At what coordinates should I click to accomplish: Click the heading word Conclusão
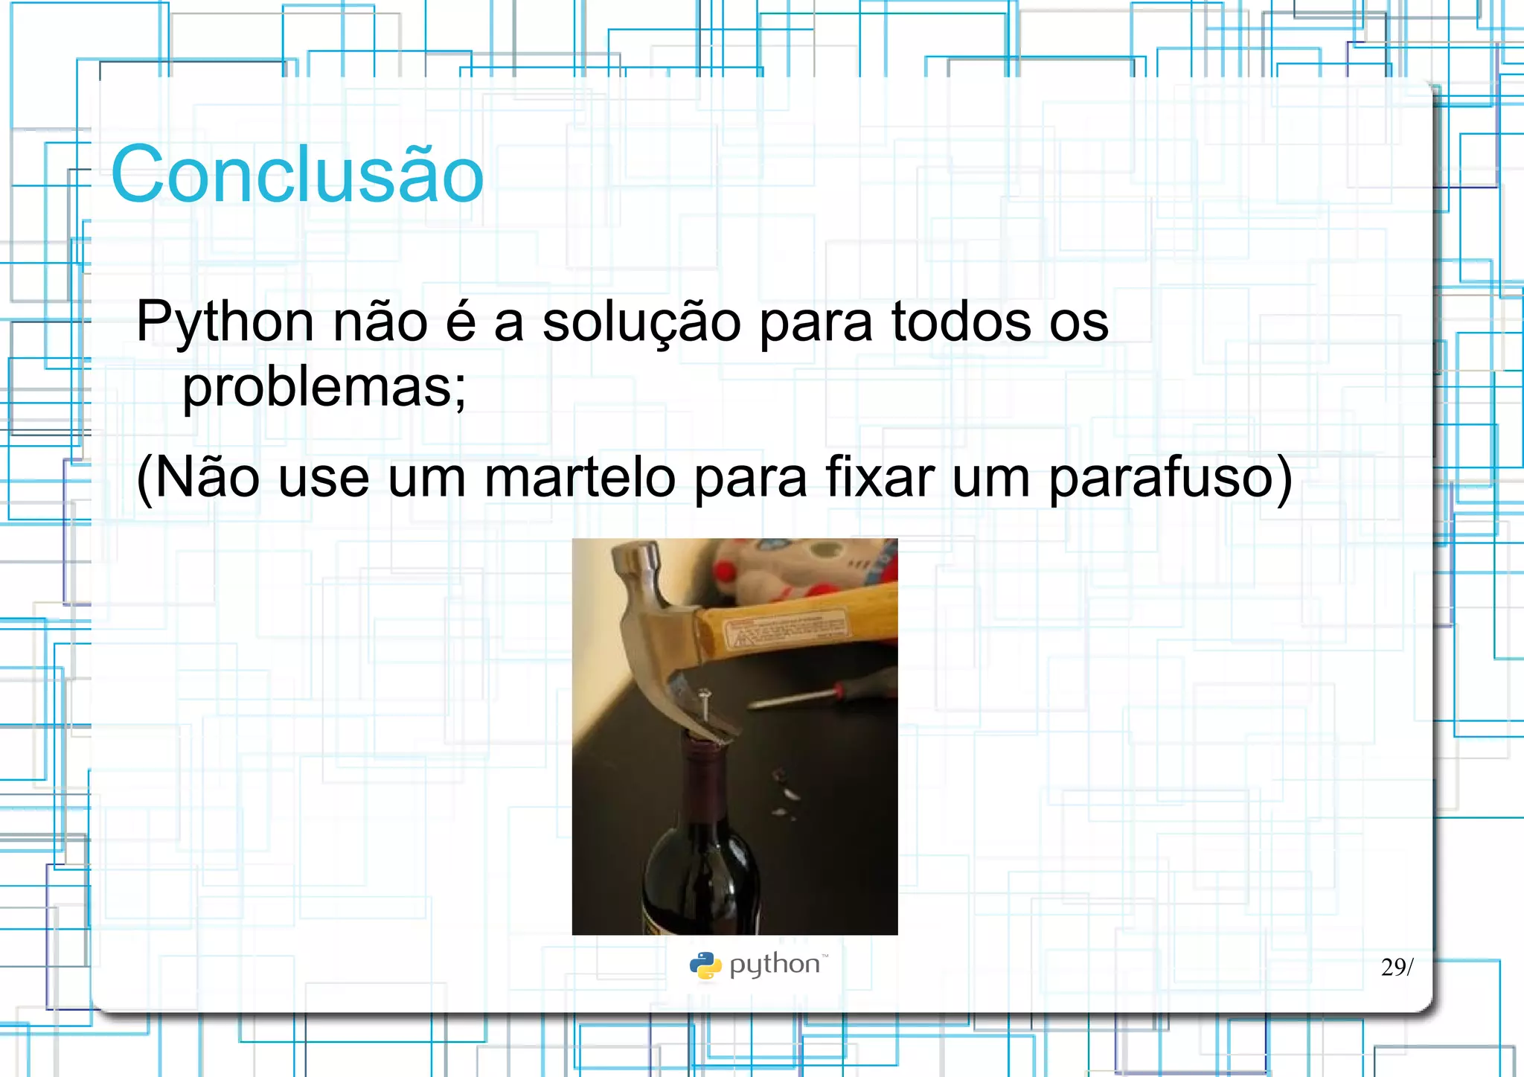point(297,175)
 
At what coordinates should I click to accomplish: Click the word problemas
point(324,388)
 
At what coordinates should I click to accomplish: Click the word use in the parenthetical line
point(323,479)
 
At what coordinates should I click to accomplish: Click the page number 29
point(1392,967)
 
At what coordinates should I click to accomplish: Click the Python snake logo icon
point(705,965)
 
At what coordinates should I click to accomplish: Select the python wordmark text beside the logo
point(775,965)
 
